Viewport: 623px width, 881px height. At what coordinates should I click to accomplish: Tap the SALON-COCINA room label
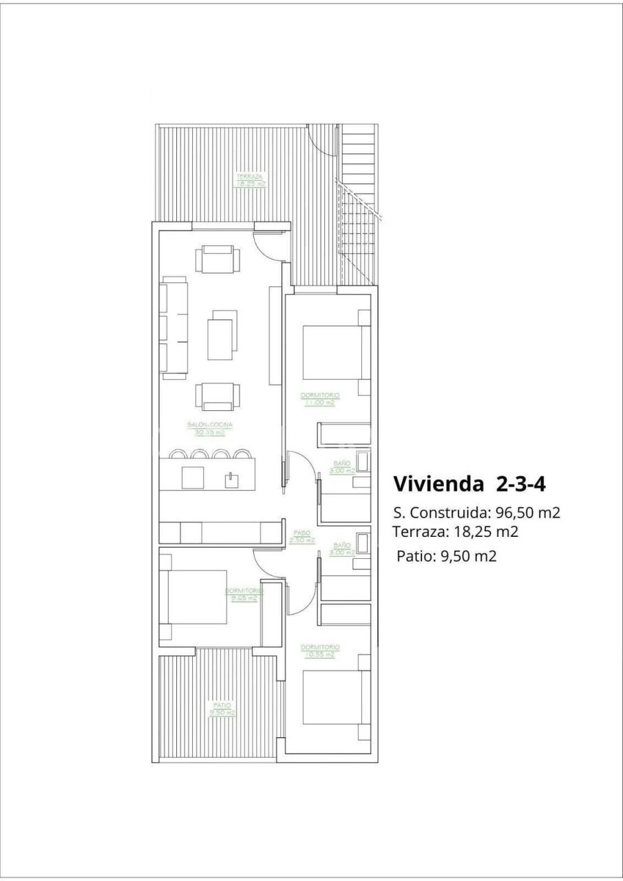(210, 429)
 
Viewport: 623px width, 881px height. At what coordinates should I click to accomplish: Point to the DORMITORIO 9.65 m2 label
(244, 595)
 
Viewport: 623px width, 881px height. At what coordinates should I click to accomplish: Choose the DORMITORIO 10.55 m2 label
(320, 650)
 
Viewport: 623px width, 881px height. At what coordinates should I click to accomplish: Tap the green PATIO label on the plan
(222, 709)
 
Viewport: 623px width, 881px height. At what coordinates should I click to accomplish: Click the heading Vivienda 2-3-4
(469, 484)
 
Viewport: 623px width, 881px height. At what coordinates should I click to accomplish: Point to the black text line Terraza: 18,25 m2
(455, 531)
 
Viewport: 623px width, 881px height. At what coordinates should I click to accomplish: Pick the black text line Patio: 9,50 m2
(446, 557)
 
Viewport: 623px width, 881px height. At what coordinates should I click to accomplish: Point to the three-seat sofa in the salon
(174, 327)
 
